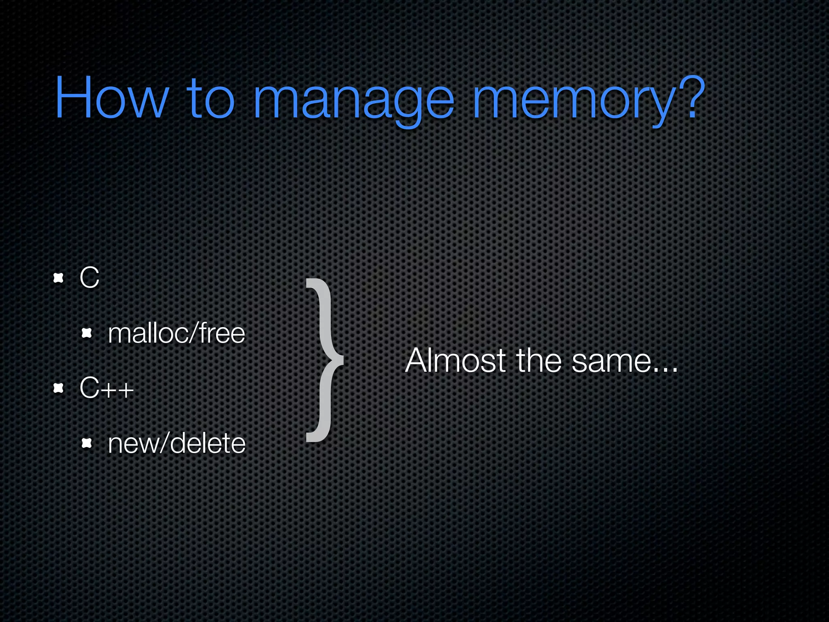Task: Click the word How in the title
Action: [111, 98]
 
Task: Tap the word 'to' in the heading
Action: [210, 98]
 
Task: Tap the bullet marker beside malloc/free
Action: [87, 333]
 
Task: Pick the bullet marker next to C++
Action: [59, 388]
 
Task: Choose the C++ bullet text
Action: [106, 388]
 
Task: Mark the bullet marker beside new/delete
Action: [87, 443]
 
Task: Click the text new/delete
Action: [176, 443]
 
